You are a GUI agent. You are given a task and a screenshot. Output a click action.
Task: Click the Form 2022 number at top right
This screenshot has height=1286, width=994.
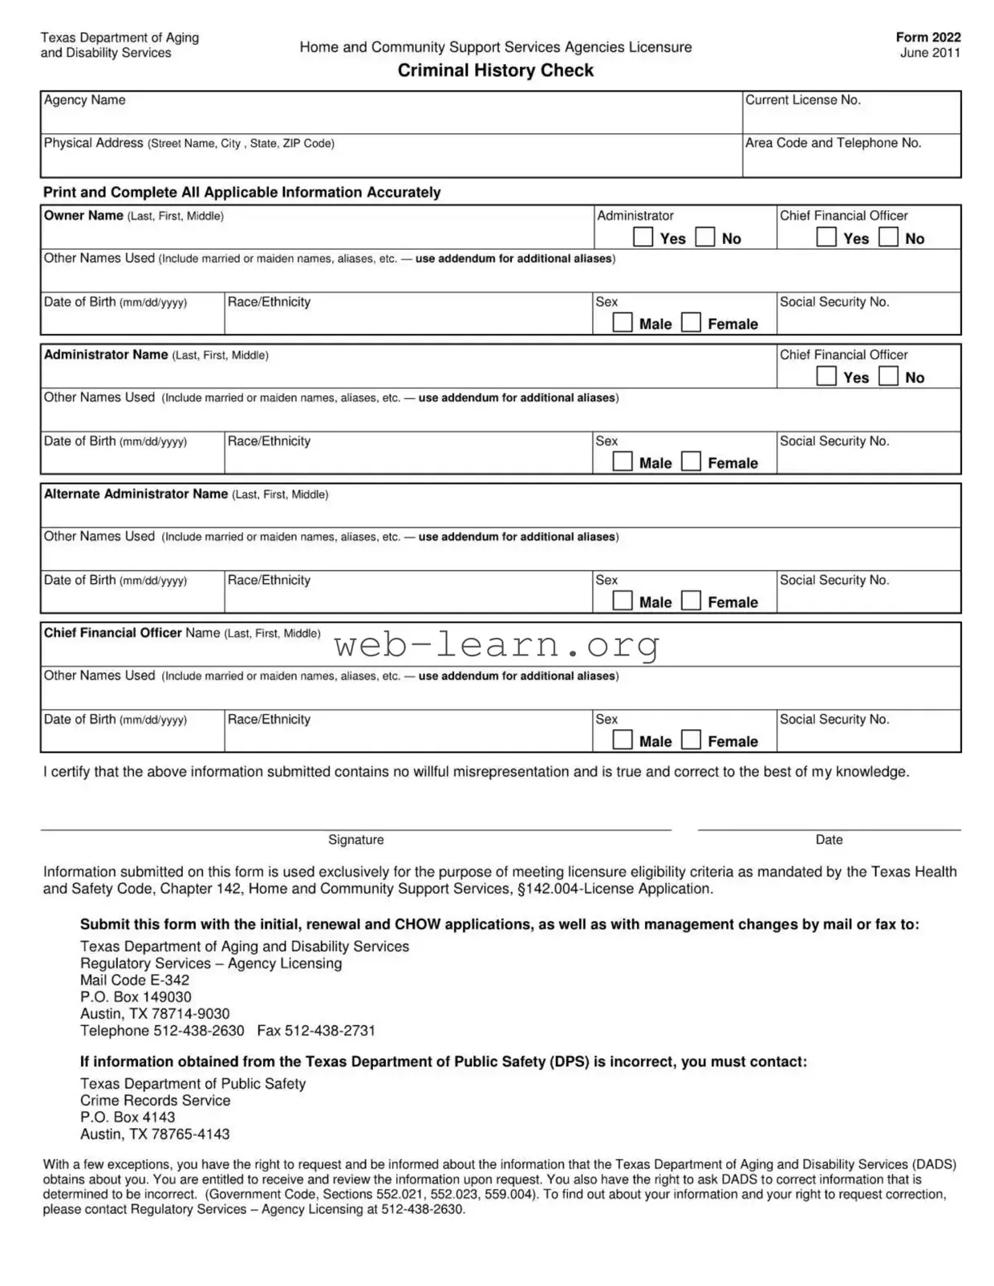coord(928,37)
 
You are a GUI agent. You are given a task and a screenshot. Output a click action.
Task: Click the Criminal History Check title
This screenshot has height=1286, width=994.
coord(495,71)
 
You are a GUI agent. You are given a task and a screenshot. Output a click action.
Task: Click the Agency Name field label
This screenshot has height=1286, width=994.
coord(84,100)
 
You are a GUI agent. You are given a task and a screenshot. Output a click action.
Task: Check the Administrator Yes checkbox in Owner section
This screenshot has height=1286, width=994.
coord(643,237)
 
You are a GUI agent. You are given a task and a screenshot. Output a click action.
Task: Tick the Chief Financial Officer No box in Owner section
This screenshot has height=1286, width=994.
coord(888,237)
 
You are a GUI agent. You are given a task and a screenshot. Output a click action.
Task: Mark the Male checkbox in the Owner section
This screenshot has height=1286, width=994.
coord(623,323)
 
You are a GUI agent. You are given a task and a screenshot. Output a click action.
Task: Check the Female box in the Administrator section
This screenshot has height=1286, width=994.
coord(691,461)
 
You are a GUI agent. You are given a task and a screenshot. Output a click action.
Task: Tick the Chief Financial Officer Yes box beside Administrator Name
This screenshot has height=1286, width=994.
coord(826,376)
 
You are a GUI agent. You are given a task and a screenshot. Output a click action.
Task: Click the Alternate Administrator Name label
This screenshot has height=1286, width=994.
coord(136,494)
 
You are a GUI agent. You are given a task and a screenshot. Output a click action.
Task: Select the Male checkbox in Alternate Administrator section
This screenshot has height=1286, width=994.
coord(623,601)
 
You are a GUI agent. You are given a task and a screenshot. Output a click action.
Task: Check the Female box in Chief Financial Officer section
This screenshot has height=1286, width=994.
coord(691,740)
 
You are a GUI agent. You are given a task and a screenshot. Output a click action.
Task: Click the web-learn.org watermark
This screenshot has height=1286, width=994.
coord(497,645)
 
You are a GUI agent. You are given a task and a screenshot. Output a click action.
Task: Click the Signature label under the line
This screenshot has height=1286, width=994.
coord(355,840)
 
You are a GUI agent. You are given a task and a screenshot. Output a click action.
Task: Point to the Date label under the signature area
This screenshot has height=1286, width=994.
coord(829,840)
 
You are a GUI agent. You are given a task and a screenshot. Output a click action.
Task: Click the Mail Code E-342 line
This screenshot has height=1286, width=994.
coord(135,980)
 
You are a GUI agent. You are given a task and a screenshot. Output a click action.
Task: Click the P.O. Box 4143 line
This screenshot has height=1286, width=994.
coord(128,1118)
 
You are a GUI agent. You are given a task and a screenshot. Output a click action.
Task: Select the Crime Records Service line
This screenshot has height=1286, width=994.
coord(155,1101)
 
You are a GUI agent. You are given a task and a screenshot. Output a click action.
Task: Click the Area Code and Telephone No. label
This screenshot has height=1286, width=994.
coord(833,143)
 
